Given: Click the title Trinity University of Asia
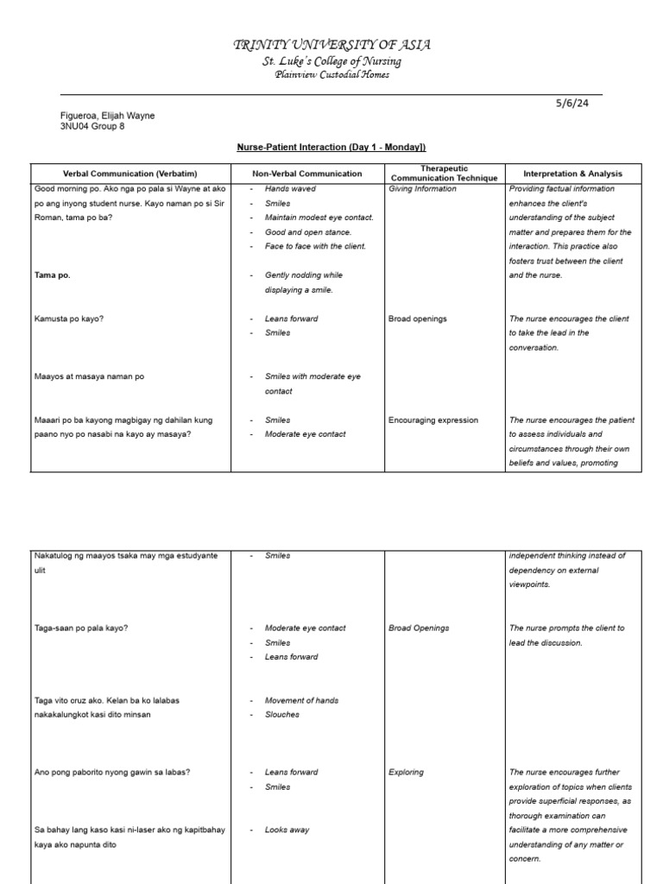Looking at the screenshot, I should pyautogui.click(x=331, y=45).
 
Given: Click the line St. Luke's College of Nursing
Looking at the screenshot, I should pyautogui.click(x=331, y=61).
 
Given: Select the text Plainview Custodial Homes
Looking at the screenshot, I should pyautogui.click(x=331, y=75).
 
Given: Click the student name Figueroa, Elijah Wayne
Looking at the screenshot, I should pyautogui.click(x=108, y=116).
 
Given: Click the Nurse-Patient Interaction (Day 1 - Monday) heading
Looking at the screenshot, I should pyautogui.click(x=331, y=148).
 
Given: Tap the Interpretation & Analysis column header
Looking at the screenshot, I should pyautogui.click(x=572, y=174).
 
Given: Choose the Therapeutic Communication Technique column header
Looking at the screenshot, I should pyautogui.click(x=444, y=174).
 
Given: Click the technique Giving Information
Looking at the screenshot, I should pyautogui.click(x=422, y=188).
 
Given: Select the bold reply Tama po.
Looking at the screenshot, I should pyautogui.click(x=53, y=275).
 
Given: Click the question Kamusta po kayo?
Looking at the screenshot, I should pyautogui.click(x=68, y=319).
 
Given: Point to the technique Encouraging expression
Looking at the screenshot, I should pyautogui.click(x=433, y=420).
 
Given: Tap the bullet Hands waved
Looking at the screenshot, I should pyautogui.click(x=290, y=188).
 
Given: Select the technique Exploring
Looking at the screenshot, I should pyautogui.click(x=406, y=773).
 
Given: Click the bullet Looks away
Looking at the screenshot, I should pyautogui.click(x=287, y=830).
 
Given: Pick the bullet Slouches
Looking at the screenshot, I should pyautogui.click(x=282, y=715).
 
